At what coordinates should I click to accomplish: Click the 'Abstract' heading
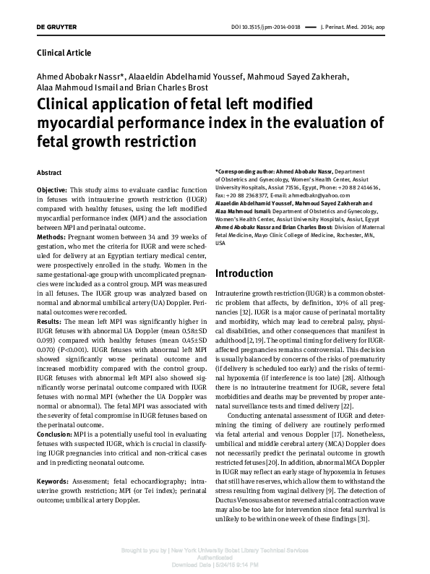tap(49, 174)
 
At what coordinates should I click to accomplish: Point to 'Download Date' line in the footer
tap(215, 565)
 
